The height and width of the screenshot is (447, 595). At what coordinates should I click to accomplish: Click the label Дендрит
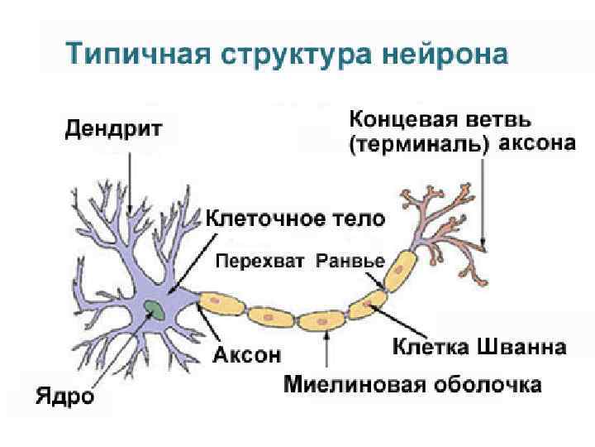click(x=114, y=130)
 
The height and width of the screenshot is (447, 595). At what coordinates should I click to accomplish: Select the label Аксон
click(x=248, y=355)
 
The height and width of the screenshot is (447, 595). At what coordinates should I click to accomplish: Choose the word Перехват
click(x=262, y=262)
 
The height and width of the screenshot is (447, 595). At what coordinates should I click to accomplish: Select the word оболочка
click(x=490, y=385)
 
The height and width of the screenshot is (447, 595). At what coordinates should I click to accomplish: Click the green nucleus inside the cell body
click(x=154, y=310)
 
